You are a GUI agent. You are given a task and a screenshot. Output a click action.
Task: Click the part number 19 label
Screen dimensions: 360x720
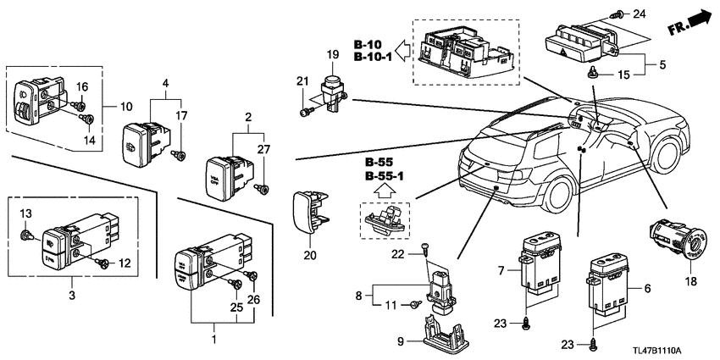point(332,55)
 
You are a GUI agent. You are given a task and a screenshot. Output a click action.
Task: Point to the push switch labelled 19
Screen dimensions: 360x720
point(334,86)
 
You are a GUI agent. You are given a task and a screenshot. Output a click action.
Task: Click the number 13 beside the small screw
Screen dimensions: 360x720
point(25,212)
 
